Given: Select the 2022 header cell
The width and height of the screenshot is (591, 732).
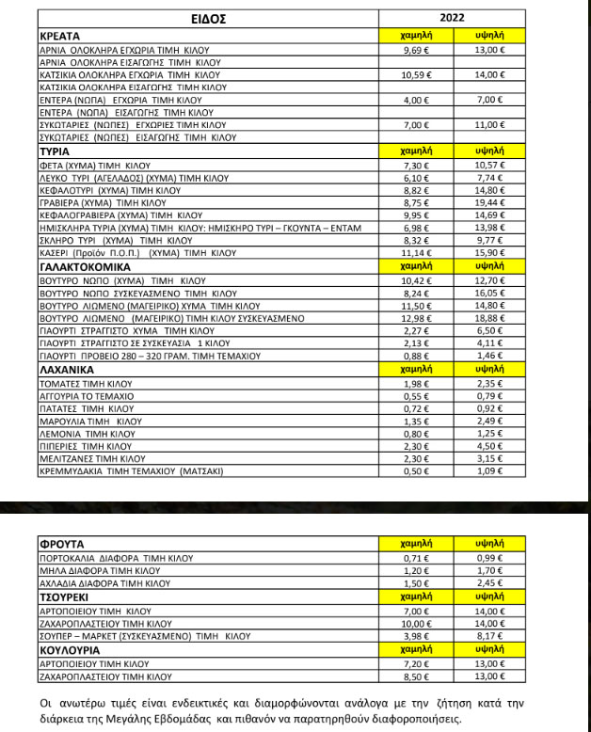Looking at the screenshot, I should pyautogui.click(x=452, y=17).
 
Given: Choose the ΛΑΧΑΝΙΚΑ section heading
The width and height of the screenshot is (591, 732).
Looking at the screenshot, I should pyautogui.click(x=66, y=372).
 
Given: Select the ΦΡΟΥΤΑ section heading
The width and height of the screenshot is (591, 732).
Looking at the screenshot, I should pyautogui.click(x=62, y=544).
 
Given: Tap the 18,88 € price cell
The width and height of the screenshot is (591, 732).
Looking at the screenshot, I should pyautogui.click(x=488, y=319).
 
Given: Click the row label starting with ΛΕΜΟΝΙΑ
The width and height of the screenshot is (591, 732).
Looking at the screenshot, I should pyautogui.click(x=86, y=434).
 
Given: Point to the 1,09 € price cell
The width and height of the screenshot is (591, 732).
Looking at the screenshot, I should pyautogui.click(x=488, y=470).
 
